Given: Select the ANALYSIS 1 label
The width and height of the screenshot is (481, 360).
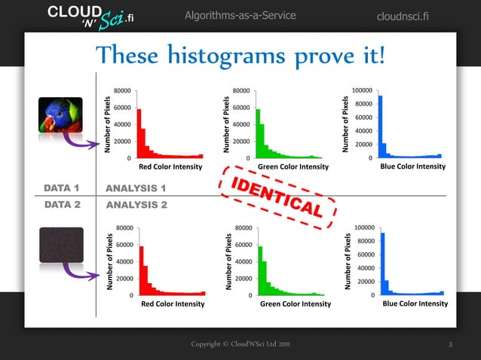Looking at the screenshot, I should pyautogui.click(x=136, y=188).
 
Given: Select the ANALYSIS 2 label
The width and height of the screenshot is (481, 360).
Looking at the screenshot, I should pyautogui.click(x=136, y=204).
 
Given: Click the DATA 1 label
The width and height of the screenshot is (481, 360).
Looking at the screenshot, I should pyautogui.click(x=63, y=188).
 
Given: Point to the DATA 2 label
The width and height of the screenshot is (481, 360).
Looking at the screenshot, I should pyautogui.click(x=63, y=204).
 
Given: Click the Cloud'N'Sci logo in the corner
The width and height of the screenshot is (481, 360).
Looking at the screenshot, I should pyautogui.click(x=79, y=16).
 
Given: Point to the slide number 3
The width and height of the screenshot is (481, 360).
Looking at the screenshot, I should pyautogui.click(x=449, y=345).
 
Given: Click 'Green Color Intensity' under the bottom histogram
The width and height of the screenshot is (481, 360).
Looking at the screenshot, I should pyautogui.click(x=296, y=304).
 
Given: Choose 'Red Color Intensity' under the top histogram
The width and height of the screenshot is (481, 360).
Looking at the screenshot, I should pyautogui.click(x=170, y=166).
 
